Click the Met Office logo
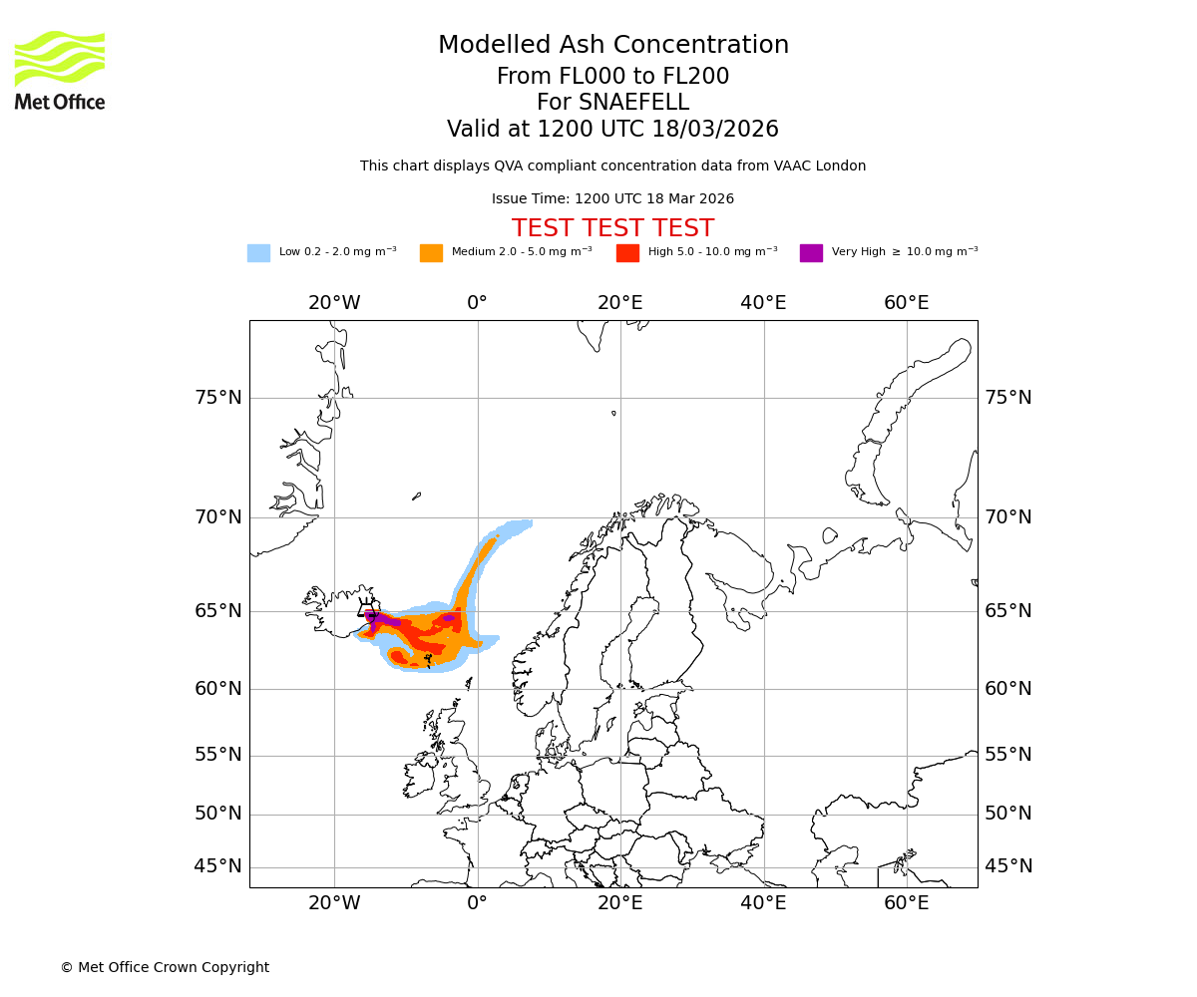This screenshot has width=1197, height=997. coord(60,70)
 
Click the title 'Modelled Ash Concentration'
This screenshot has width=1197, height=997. coord(612,45)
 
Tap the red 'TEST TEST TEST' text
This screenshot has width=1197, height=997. coord(612,228)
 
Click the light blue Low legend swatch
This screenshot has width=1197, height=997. coord(258,253)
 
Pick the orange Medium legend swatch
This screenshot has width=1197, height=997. coord(431,253)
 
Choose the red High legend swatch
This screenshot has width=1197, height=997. coord(627,253)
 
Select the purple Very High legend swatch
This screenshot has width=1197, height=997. coord(811,253)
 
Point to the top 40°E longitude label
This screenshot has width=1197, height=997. coord(763,303)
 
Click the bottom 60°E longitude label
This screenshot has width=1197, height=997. coord(906,903)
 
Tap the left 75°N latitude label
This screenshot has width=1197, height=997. coord(218,398)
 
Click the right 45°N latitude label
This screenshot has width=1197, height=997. coord(1008,866)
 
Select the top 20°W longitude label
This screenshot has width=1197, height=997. coord(334,303)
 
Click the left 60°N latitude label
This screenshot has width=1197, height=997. coord(218,689)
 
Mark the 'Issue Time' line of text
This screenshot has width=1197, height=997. coord(612,199)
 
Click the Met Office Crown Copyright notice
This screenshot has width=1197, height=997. coord(165,967)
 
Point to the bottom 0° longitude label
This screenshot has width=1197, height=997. coord(477,903)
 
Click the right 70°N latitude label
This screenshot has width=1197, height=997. coord(1008,516)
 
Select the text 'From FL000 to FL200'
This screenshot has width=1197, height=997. coord(612,77)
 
